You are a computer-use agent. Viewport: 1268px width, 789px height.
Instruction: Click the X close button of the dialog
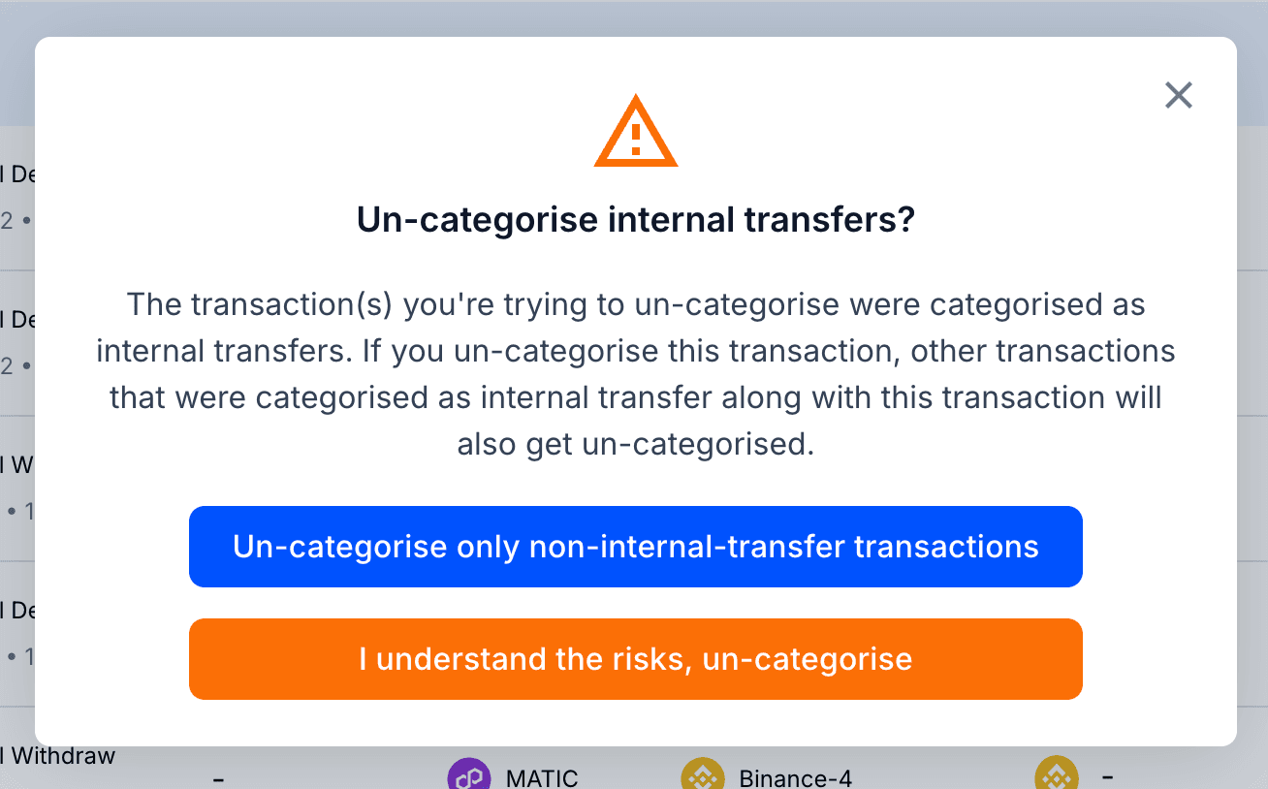(1178, 95)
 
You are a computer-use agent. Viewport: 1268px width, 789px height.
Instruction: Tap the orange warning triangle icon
(635, 134)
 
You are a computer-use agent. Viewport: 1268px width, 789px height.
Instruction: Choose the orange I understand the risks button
(635, 659)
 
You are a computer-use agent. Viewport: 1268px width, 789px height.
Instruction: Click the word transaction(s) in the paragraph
(293, 304)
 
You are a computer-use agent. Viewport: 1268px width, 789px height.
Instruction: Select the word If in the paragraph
(374, 351)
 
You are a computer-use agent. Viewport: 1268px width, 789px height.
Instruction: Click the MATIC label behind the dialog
(542, 777)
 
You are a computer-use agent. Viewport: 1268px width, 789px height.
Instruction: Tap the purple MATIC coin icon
(468, 777)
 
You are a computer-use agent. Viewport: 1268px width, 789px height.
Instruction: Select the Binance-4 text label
(795, 777)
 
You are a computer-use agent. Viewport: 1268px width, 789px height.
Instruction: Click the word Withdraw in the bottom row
(63, 755)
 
